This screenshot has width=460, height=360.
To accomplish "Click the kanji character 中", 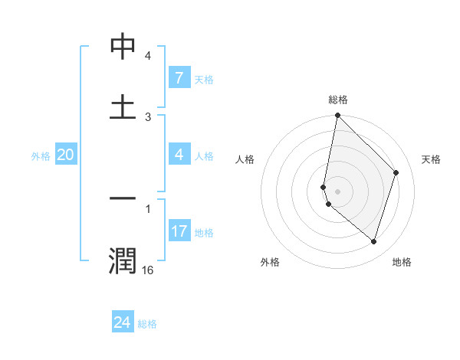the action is click(x=123, y=47).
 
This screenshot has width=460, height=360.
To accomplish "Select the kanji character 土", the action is click(x=123, y=108).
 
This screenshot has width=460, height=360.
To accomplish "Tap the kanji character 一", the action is click(x=123, y=198).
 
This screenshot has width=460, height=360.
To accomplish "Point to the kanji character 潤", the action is click(x=123, y=260).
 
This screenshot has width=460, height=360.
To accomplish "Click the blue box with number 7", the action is click(x=179, y=78).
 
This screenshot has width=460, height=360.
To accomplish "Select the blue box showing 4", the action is click(x=179, y=155).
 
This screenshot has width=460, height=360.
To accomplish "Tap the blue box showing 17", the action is click(x=179, y=231).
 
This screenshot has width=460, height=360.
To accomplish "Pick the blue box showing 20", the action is click(x=66, y=155).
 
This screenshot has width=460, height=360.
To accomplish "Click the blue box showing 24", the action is click(x=123, y=323).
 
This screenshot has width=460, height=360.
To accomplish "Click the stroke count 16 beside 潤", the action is click(x=147, y=270).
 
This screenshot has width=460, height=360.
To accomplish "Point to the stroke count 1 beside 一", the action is click(x=147, y=208).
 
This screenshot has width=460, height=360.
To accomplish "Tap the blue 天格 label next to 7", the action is click(x=204, y=79).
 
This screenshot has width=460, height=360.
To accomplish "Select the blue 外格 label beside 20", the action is click(x=41, y=156).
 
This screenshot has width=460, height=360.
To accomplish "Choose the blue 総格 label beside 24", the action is click(x=147, y=324).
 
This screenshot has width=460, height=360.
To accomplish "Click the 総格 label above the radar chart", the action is click(x=338, y=100).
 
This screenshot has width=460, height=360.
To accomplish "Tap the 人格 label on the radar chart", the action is click(x=245, y=159).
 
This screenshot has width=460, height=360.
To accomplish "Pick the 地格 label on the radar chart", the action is click(x=402, y=262).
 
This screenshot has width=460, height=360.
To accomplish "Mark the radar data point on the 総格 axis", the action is click(x=337, y=116).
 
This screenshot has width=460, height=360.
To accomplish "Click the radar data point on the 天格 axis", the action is click(x=396, y=172).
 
